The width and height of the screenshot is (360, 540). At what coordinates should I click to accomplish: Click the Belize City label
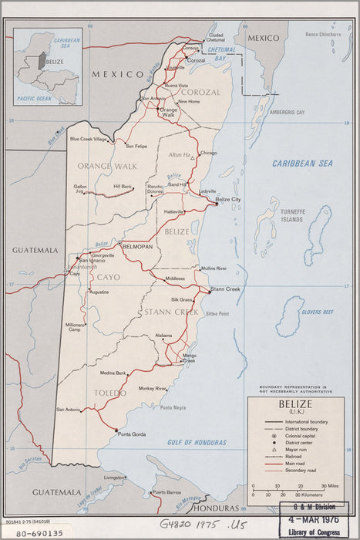[228, 199]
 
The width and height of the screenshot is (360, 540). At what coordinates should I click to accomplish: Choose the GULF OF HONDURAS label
[197, 442]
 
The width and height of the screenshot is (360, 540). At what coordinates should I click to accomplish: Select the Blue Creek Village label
[89, 139]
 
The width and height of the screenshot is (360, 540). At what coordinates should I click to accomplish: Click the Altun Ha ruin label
[180, 154]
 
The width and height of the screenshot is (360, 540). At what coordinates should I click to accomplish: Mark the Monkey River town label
[153, 388]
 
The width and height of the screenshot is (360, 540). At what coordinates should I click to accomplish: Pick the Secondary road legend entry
[304, 470]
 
